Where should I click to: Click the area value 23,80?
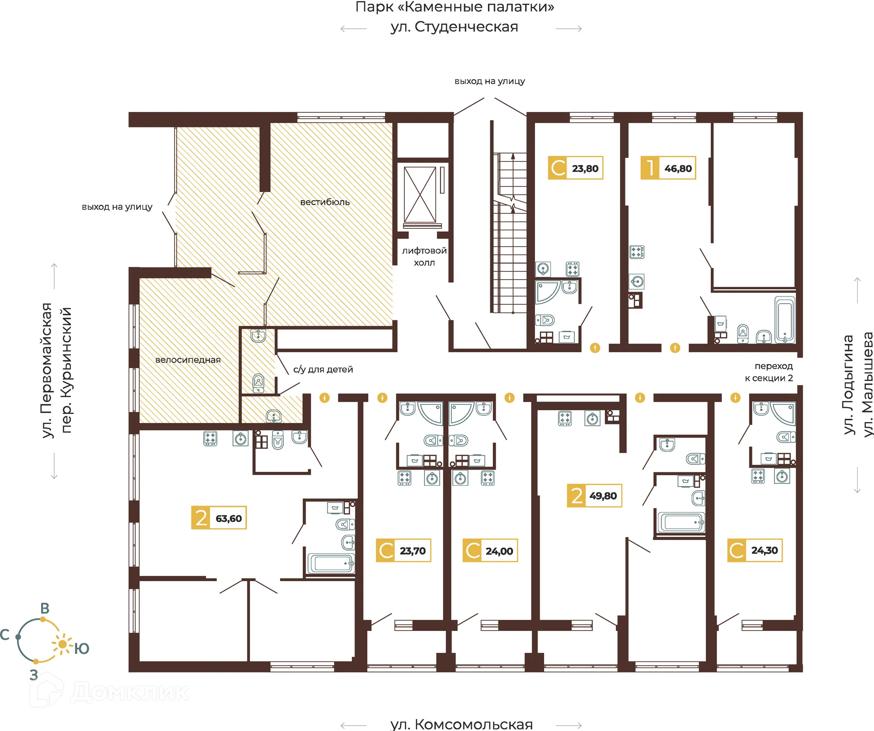click(585, 169)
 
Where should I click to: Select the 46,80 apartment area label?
click(678, 169)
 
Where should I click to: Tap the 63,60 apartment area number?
click(228, 519)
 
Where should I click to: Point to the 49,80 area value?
click(603, 496)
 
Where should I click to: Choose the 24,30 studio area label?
click(764, 551)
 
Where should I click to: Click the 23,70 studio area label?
click(413, 551)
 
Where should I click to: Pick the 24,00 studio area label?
click(499, 551)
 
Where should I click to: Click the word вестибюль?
click(325, 202)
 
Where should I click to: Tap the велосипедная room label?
click(188, 360)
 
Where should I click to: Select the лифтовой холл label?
click(424, 256)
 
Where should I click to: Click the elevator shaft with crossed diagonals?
click(420, 195)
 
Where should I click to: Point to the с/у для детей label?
click(323, 369)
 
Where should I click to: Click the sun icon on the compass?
click(63, 644)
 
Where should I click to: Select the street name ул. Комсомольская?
click(461, 724)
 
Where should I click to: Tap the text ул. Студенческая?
click(454, 27)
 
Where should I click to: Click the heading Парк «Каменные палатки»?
click(455, 7)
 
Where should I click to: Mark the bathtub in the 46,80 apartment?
click(785, 320)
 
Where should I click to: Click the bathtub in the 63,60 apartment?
click(331, 563)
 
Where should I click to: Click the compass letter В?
click(45, 609)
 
